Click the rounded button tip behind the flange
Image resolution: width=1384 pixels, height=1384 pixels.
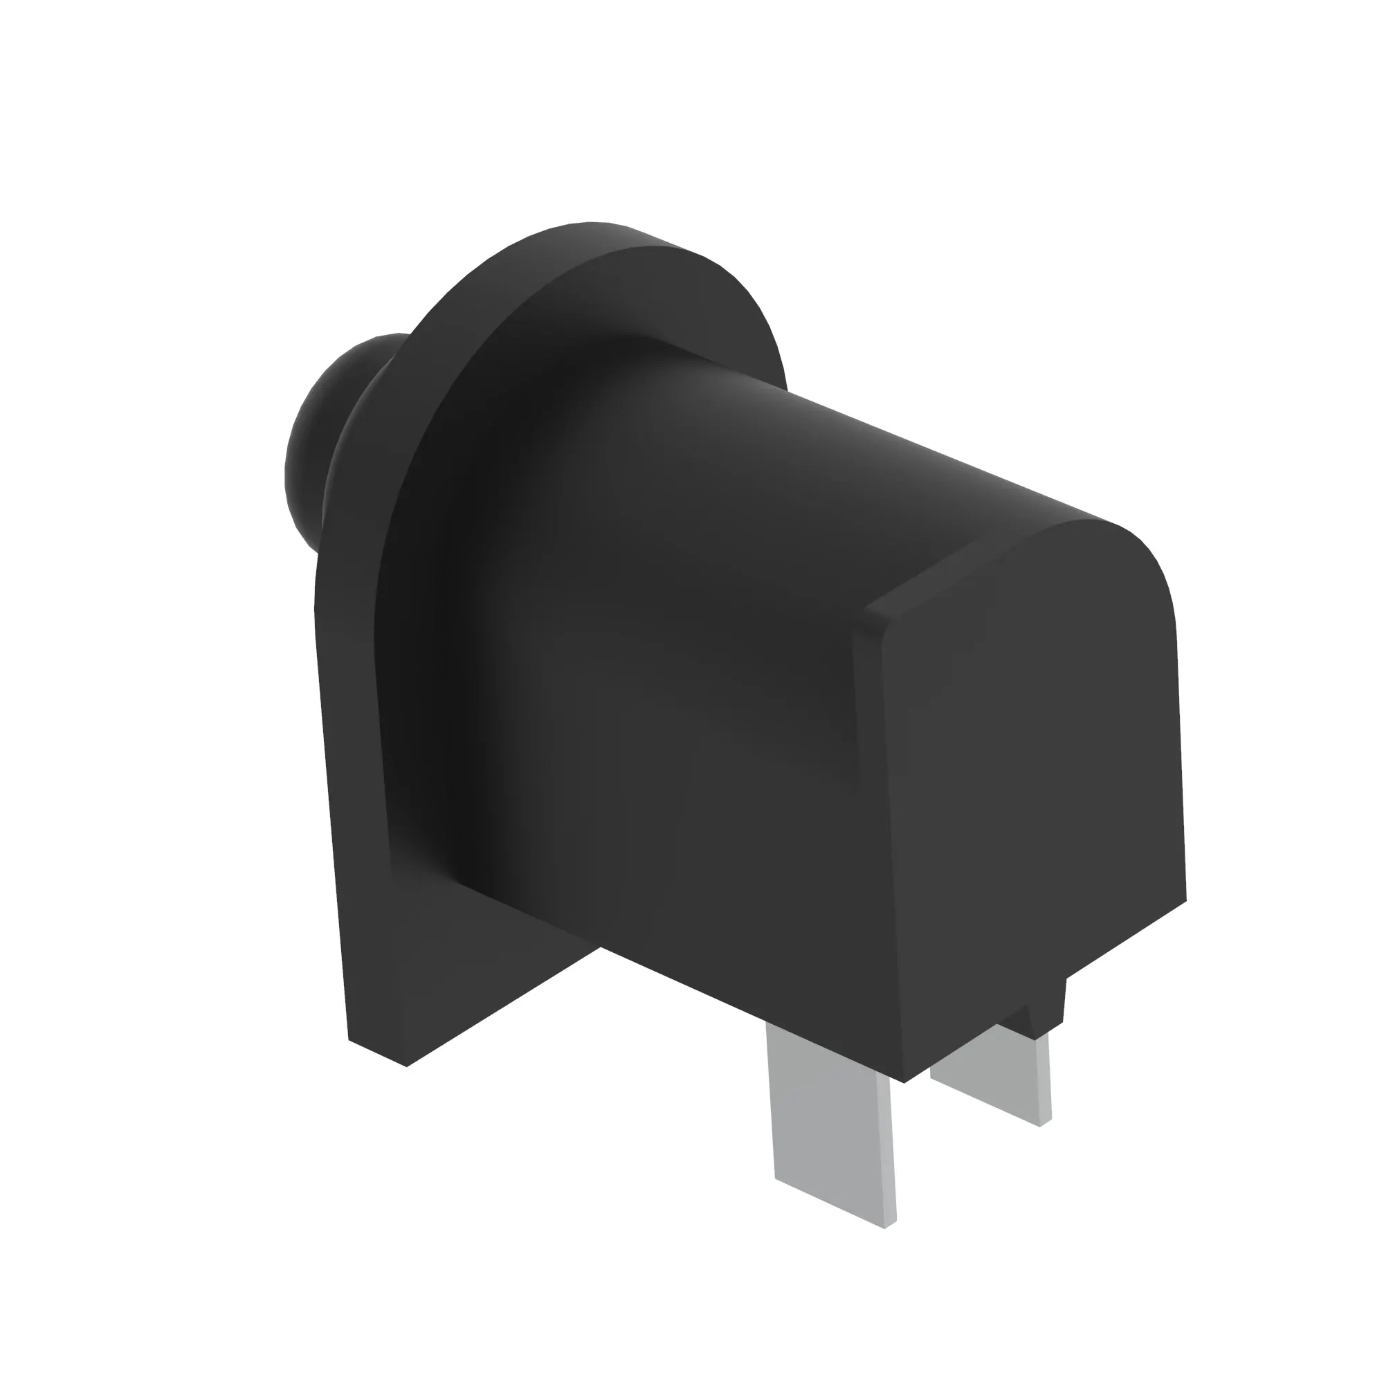(315, 444)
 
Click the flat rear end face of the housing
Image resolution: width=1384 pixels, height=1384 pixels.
(1032, 788)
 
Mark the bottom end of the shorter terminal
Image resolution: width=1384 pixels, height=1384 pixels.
(992, 1107)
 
